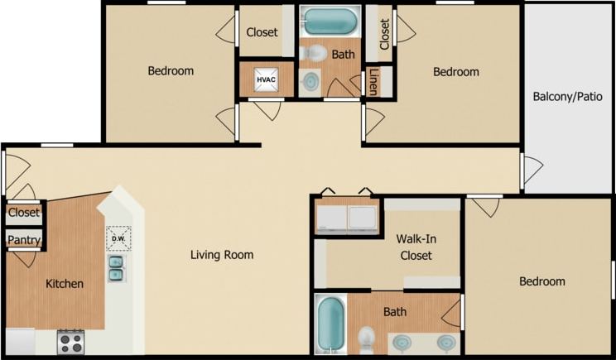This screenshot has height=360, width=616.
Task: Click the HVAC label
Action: [266, 79]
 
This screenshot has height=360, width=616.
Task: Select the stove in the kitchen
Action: [70, 341]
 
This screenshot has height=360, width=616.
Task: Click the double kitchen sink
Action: [117, 268]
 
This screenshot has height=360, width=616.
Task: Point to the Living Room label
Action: [221, 255]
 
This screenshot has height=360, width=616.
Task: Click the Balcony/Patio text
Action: [568, 96]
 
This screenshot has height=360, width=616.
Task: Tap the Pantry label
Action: [23, 240]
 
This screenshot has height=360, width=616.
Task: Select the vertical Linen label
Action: [374, 81]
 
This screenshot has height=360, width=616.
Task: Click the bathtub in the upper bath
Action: [330, 21]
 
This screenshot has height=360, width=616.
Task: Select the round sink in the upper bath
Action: [310, 82]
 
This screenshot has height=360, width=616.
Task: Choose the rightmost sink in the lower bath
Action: [445, 341]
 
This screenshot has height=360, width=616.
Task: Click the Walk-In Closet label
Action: [416, 247]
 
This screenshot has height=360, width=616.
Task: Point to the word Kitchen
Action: [65, 284]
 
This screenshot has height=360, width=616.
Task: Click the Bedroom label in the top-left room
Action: [171, 71]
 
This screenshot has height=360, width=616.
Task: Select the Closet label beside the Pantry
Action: [24, 212]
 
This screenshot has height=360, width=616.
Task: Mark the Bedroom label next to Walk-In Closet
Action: [542, 281]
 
